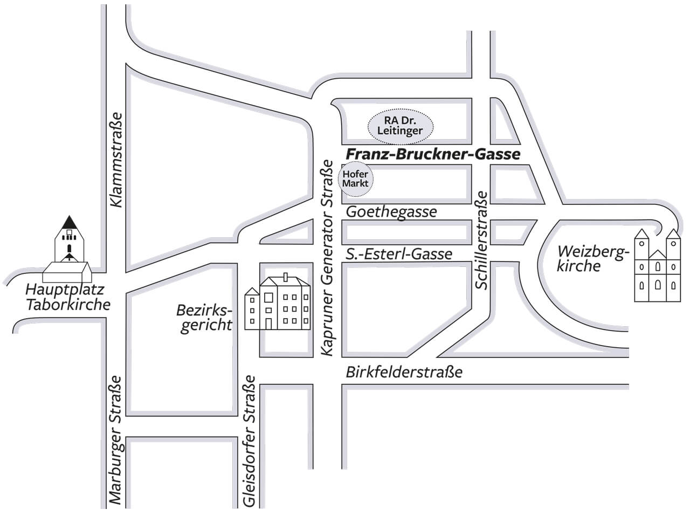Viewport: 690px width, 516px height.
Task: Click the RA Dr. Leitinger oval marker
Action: tap(400, 126)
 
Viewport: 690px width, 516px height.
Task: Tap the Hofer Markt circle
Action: tap(355, 178)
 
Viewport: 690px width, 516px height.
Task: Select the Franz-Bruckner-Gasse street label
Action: tap(433, 154)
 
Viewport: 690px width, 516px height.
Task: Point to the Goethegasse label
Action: tap(391, 211)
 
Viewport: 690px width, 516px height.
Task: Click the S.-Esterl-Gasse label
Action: tap(399, 253)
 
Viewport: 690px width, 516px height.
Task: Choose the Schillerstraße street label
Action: tap(482, 240)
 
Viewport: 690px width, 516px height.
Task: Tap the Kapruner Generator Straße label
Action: tap(327, 258)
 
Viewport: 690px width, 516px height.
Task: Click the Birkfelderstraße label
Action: tap(404, 371)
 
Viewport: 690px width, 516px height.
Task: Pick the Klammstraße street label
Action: tap(116, 160)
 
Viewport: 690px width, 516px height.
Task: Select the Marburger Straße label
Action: tap(115, 440)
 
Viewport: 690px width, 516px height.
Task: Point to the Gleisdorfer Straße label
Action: tap(249, 441)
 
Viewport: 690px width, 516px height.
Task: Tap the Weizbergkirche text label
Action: tap(592, 259)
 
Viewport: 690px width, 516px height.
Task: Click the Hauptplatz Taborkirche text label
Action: tap(68, 297)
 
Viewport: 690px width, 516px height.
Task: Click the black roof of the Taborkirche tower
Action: tap(68, 222)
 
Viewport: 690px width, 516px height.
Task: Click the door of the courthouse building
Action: tap(268, 323)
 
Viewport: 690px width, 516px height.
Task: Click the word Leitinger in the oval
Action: tap(400, 130)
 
